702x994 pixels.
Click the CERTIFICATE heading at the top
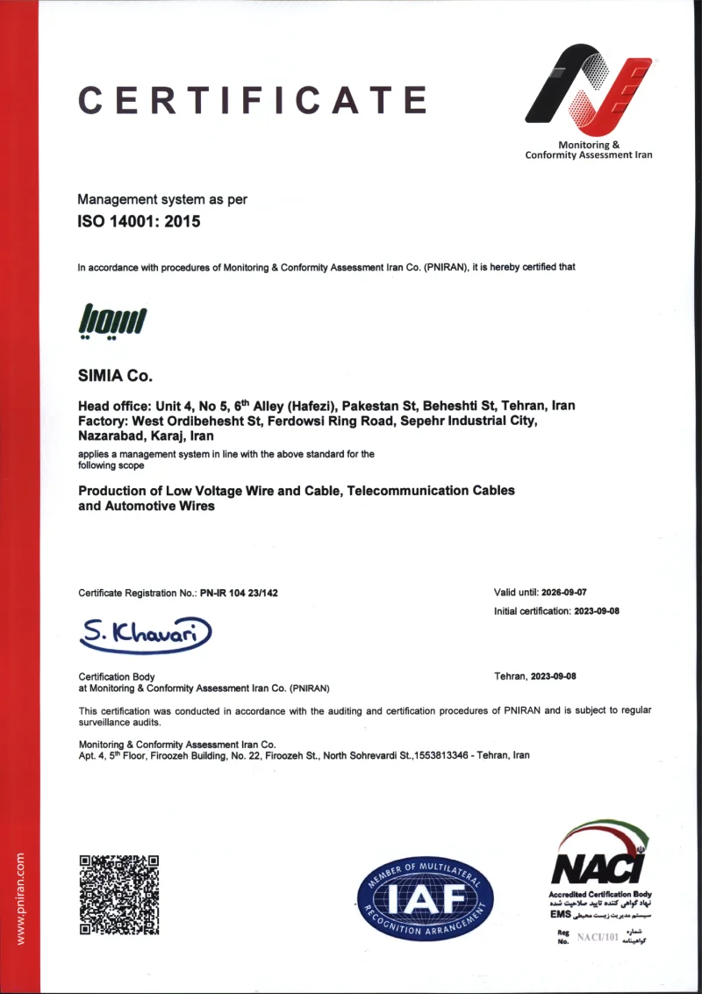click(x=253, y=100)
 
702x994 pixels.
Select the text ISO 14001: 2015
click(x=140, y=221)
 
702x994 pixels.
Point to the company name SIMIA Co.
click(x=116, y=377)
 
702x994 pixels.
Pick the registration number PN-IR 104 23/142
click(x=239, y=593)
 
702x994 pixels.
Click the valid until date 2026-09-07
click(x=571, y=592)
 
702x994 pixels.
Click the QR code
click(x=119, y=895)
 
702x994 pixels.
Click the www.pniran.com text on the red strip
click(x=20, y=897)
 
